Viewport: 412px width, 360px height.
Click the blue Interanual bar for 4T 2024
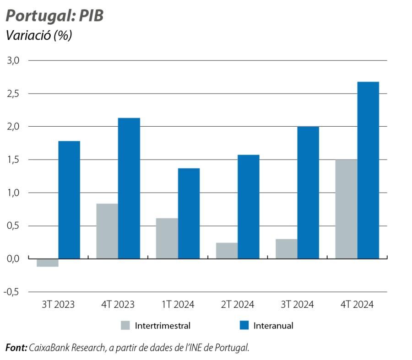tap(368, 170)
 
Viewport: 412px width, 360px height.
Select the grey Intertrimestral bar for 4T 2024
tap(346, 209)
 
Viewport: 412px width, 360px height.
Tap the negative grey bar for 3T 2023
tap(47, 263)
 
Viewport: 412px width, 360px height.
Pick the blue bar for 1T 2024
tap(189, 213)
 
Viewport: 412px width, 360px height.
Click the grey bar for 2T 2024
tap(227, 251)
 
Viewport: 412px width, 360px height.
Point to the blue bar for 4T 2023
tap(129, 188)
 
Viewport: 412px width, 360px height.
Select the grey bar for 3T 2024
tap(286, 249)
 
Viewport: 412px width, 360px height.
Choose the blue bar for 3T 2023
tap(69, 200)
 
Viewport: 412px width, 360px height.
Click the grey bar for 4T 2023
tap(107, 231)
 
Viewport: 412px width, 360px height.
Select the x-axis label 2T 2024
tap(238, 305)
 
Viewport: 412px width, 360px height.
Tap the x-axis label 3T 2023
tap(58, 305)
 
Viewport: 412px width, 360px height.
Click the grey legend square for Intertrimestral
tap(125, 325)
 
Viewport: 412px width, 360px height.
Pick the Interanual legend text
tap(273, 326)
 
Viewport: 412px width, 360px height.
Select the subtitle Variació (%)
tap(38, 36)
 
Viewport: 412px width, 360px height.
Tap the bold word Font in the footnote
tap(16, 348)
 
